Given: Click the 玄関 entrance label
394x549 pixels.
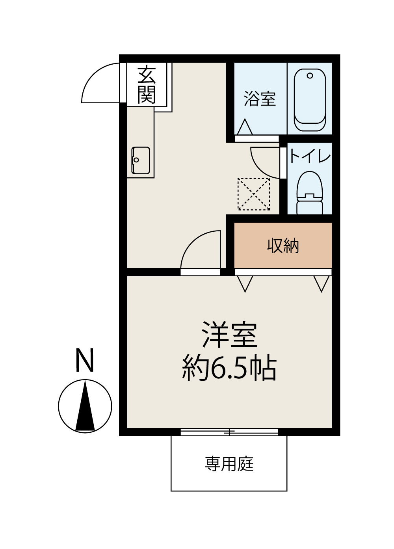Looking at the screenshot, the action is pyautogui.click(x=147, y=84).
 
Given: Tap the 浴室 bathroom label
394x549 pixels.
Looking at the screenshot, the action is pyautogui.click(x=260, y=99).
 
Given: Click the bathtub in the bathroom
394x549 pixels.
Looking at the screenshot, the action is pyautogui.click(x=310, y=100).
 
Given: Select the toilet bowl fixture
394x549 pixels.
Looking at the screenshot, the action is pyautogui.click(x=310, y=193).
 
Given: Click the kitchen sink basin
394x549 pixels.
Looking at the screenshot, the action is pyautogui.click(x=141, y=160).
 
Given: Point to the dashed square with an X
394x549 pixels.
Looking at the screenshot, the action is pyautogui.click(x=254, y=194).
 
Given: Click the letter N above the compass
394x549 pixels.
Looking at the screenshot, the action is pyautogui.click(x=85, y=360).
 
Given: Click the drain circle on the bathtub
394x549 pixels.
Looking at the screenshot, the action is pyautogui.click(x=310, y=76).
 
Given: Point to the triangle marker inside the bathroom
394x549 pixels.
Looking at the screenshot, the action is pyautogui.click(x=245, y=127).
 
